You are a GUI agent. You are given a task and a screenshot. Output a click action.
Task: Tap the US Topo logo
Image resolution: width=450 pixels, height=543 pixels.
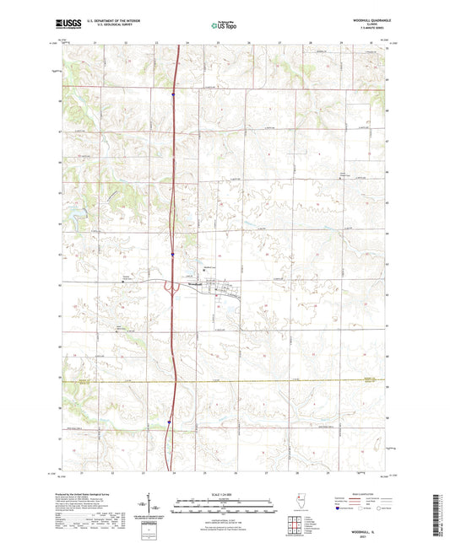click(x=224, y=26)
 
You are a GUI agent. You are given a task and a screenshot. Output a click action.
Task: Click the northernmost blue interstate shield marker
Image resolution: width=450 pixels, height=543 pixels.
click(x=172, y=95)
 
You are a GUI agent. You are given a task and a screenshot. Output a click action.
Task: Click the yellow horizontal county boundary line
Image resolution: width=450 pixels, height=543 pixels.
click(x=253, y=381)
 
